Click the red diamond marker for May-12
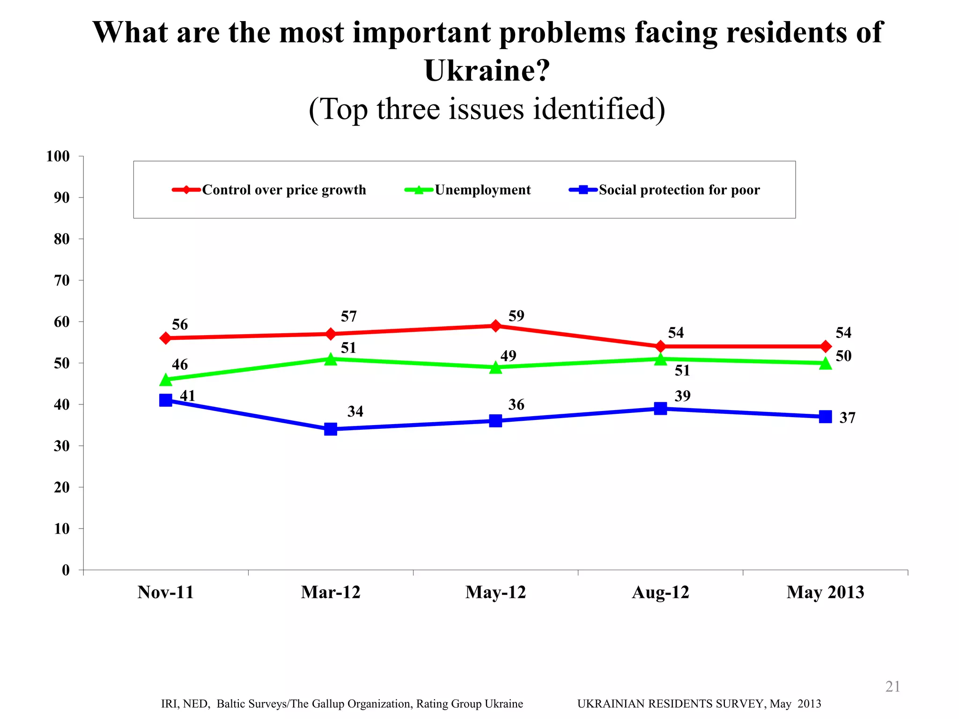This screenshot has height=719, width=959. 495,326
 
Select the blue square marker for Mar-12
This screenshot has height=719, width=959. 331,429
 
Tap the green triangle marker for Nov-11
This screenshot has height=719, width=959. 165,380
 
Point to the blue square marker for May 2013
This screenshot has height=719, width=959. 826,417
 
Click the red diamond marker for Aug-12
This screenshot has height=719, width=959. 661,346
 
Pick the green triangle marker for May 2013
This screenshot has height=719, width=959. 826,364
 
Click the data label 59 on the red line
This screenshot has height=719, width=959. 516,316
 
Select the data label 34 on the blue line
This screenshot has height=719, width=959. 355,411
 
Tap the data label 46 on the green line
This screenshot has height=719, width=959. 180,365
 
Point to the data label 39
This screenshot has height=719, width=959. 682,396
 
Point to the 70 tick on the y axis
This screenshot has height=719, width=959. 62,280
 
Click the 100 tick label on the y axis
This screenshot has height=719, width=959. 58,156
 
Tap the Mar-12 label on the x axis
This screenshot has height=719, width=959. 331,592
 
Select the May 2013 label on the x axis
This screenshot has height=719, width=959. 825,592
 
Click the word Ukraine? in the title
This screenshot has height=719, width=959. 487,71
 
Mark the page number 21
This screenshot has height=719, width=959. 893,686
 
